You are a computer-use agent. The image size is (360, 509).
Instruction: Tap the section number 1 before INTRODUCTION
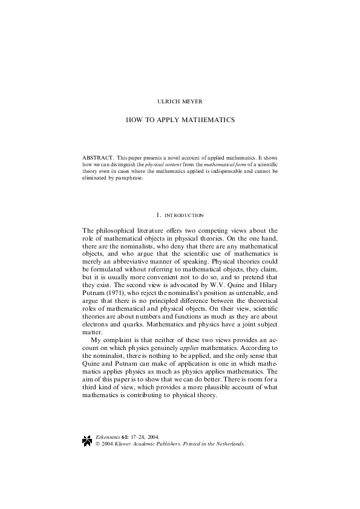tap(157, 215)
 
